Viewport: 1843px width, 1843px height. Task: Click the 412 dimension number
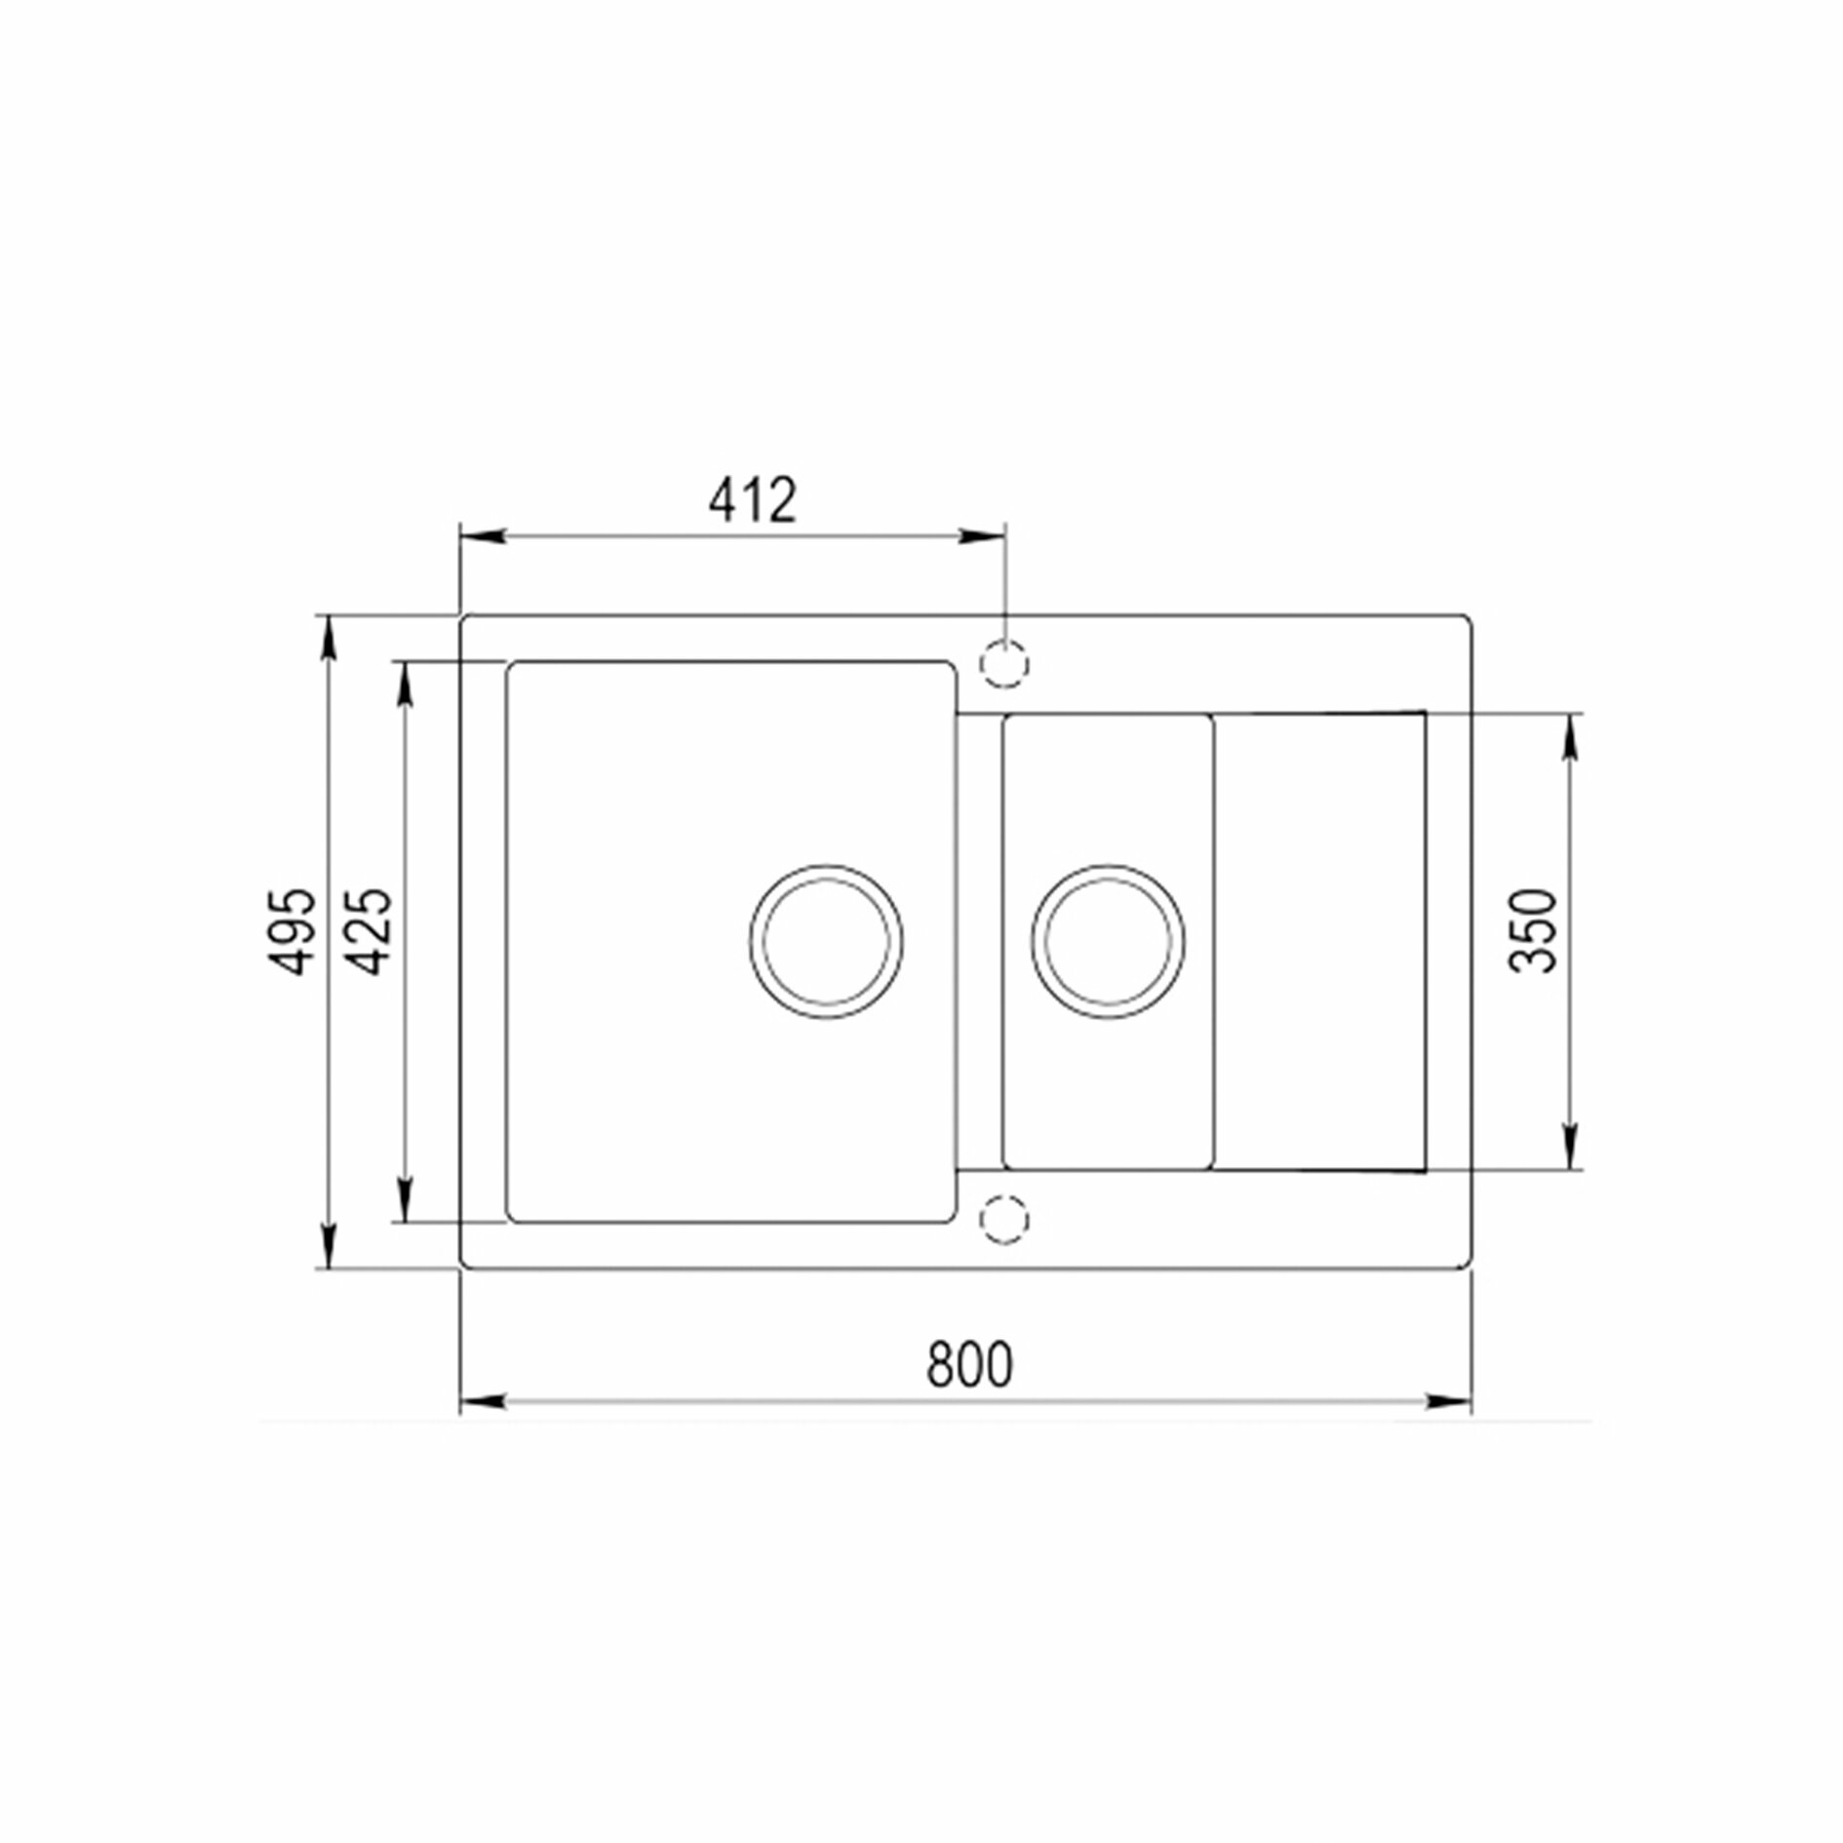tap(752, 501)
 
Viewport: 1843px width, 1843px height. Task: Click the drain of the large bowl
tap(826, 942)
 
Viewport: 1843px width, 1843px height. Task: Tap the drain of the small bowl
tap(1109, 942)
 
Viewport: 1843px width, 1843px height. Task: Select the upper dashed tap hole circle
tap(1005, 664)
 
